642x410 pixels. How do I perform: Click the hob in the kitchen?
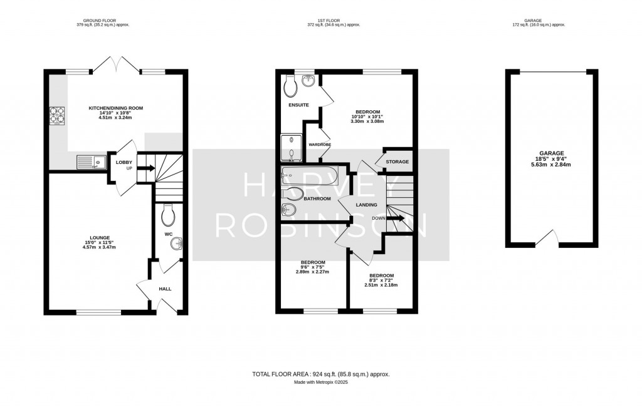click(57, 115)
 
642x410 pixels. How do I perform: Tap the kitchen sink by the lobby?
click(90, 162)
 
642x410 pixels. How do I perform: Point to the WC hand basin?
click(177, 245)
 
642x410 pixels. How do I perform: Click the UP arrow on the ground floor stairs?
click(145, 168)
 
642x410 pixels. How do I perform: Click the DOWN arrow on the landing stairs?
click(396, 218)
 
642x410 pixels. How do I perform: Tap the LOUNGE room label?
click(100, 237)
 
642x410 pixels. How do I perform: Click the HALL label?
click(165, 289)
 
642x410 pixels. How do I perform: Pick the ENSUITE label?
click(298, 105)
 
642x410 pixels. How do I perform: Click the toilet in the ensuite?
click(291, 85)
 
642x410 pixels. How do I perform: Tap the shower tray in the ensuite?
click(291, 148)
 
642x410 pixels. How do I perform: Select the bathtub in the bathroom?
click(310, 176)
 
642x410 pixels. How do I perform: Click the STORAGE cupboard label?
click(397, 162)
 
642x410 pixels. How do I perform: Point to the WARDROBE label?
click(320, 145)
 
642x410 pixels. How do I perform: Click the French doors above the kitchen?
click(116, 64)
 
